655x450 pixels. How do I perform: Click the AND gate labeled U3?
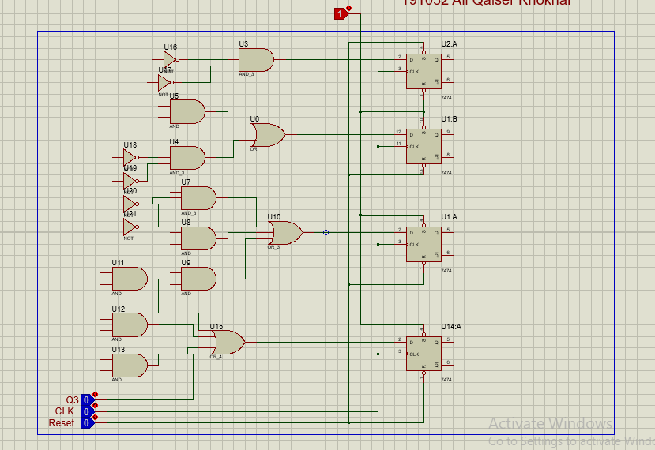coord(256,60)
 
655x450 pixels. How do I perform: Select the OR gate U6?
coord(268,135)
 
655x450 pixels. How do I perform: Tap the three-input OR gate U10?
coord(284,233)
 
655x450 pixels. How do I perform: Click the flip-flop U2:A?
coord(423,71)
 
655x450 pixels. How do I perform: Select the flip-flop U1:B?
coord(423,146)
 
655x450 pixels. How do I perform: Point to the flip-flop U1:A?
coord(423,244)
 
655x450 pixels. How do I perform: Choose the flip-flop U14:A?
coord(423,354)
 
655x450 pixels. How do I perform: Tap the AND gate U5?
coord(186,112)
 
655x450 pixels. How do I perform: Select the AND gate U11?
coord(130,278)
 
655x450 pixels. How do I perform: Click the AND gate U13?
coord(130,365)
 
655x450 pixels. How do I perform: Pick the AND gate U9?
coord(198,278)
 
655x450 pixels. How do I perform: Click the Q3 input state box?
coord(86,400)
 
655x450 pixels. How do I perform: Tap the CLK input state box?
coord(86,411)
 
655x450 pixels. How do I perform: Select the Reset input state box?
coord(86,423)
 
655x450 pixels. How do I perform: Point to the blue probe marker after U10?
coord(326,233)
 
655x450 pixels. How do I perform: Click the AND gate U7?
coord(198,198)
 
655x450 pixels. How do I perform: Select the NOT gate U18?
coord(129,157)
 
